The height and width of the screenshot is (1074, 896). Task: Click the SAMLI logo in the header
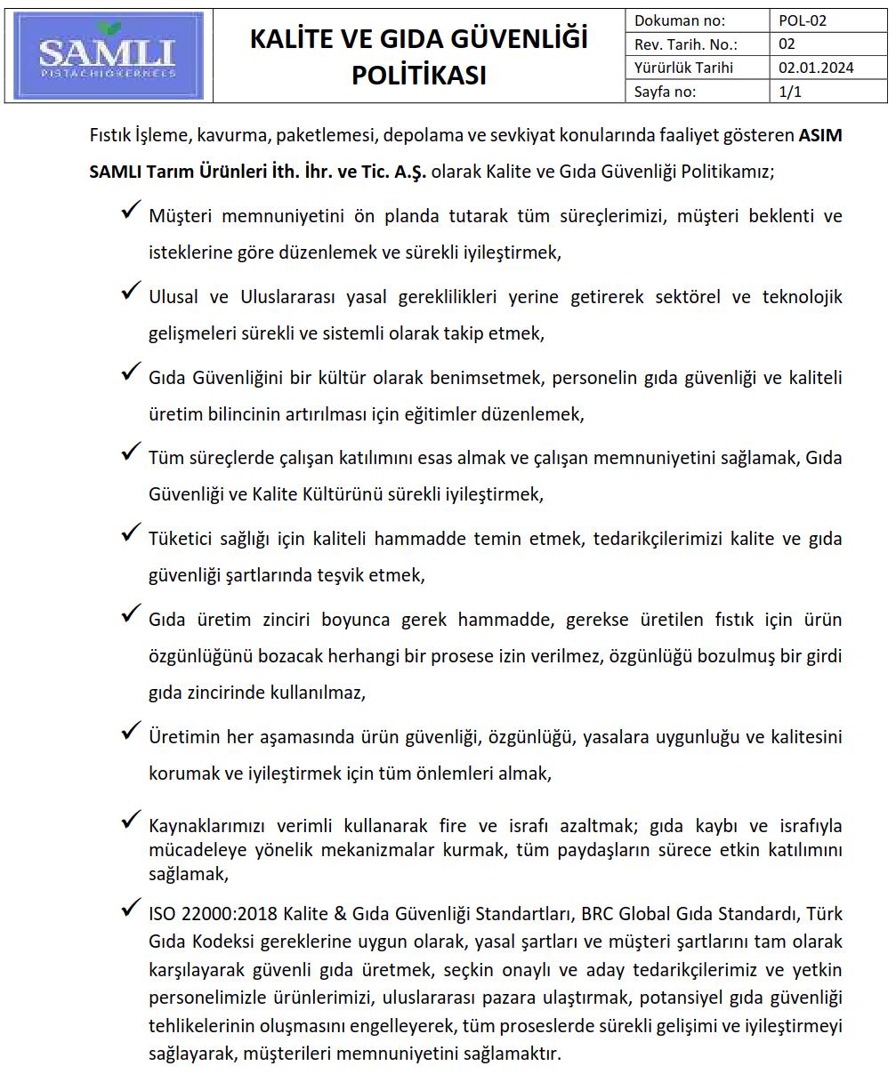109,55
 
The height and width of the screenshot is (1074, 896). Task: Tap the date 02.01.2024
815,68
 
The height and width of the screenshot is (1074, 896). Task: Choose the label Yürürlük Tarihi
683,68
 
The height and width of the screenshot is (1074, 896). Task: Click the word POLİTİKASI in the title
418,75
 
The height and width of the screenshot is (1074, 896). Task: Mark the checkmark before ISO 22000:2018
132,908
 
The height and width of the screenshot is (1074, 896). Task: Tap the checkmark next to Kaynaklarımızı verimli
132,819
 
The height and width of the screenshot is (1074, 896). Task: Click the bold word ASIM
820,135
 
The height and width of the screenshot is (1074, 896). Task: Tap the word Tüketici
181,539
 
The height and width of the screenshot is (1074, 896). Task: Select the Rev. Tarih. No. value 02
787,44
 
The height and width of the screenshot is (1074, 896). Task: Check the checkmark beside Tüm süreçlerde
132,452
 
